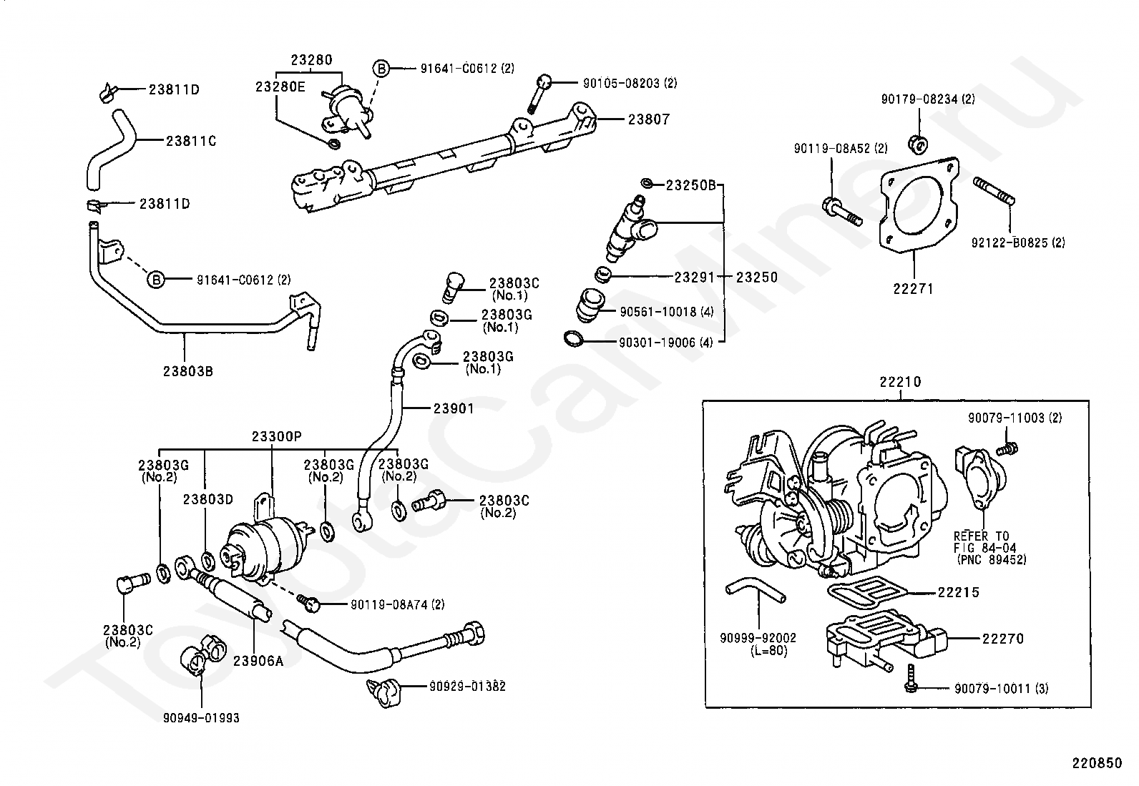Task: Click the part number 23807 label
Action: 648,119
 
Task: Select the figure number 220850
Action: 1096,763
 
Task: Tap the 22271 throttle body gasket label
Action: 913,289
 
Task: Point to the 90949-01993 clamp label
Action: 201,717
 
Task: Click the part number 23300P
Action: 276,436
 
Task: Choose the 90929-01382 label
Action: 467,687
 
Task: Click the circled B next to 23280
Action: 381,69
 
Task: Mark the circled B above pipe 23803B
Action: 156,280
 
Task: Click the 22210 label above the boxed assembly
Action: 900,383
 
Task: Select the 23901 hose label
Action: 454,408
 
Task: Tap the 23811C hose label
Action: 191,141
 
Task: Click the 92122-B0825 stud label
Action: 1017,242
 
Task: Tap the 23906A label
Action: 258,660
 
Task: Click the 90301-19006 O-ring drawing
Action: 573,338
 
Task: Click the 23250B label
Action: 690,185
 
